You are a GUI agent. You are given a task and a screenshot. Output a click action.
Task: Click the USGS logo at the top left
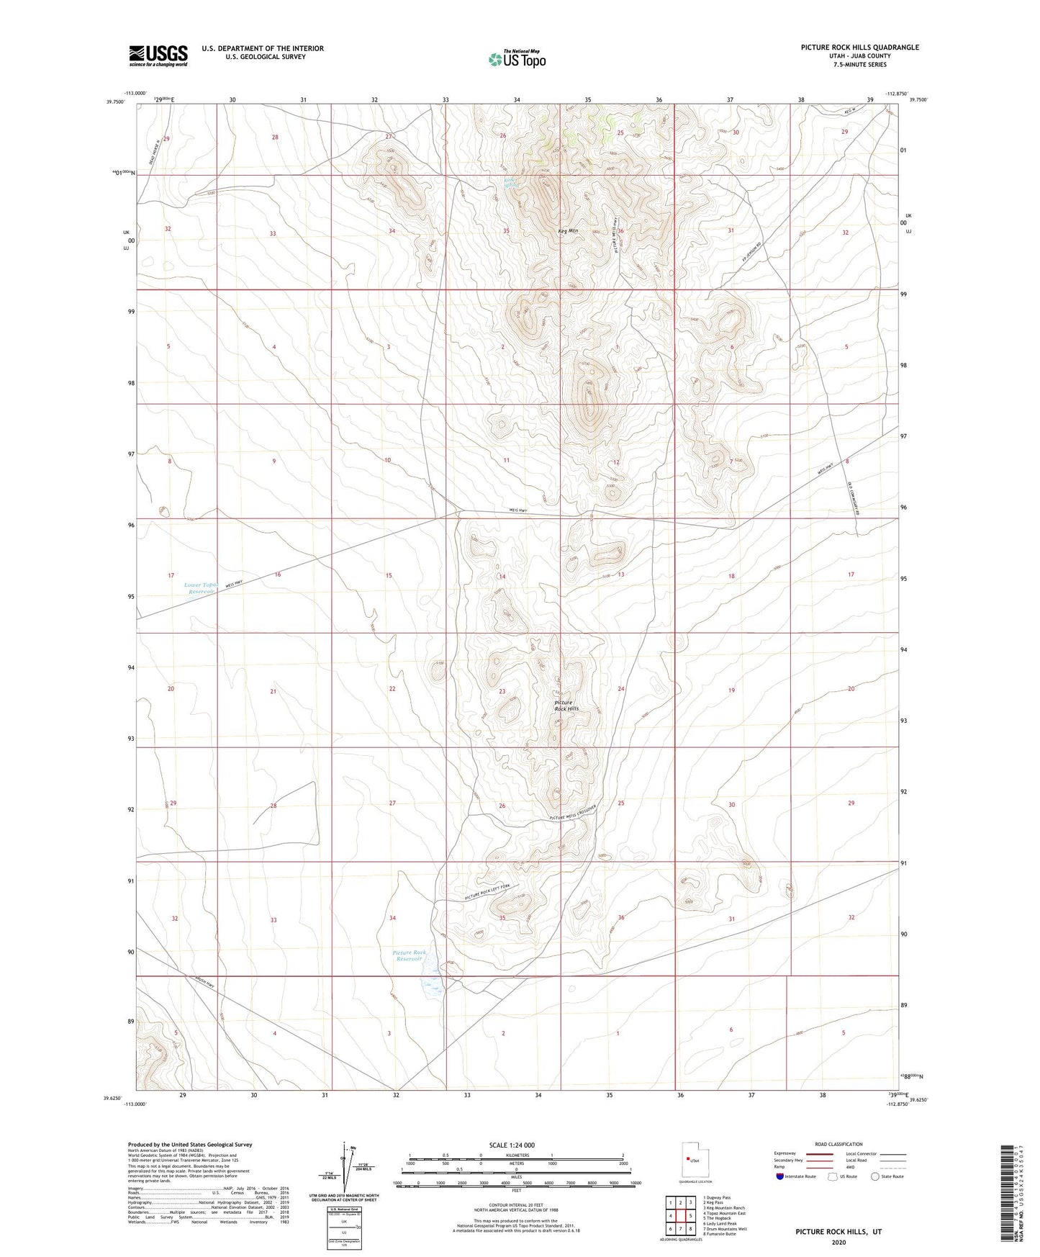pos(158,55)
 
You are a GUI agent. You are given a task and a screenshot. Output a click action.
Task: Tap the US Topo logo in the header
pos(517,59)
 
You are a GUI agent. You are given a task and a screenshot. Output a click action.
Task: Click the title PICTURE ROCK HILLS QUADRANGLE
pos(859,48)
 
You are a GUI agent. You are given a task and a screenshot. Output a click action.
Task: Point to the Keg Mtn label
pos(568,231)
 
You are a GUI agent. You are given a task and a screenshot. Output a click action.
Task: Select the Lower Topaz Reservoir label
pos(200,588)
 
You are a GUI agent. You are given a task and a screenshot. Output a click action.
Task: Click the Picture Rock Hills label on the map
pos(566,706)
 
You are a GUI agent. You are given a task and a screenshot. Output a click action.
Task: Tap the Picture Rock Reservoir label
pos(410,955)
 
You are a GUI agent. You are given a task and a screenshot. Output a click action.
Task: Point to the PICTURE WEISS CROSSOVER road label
pos(574,812)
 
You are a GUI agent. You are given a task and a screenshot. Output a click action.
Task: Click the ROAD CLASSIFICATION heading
pos(838,1144)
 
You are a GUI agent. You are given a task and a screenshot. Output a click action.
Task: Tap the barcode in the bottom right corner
pos(1008,1202)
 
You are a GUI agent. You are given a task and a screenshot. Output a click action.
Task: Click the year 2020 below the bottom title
pos(838,1242)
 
